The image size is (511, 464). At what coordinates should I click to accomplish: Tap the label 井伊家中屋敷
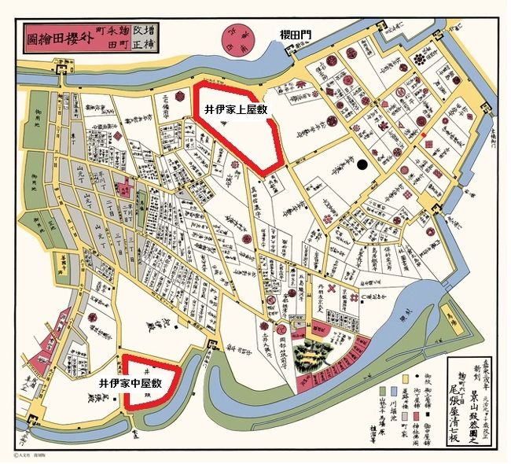click(130, 383)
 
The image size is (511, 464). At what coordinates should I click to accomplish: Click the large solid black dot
click(361, 165)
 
